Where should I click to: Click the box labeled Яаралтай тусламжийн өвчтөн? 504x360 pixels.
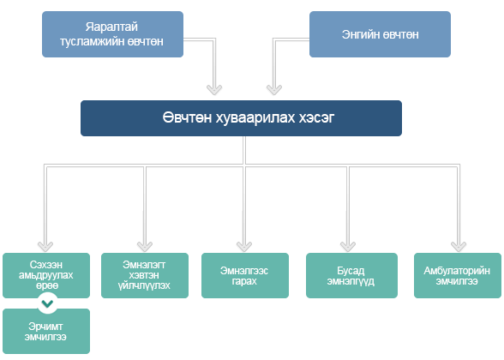point(112,34)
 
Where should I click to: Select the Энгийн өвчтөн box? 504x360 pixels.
point(380,34)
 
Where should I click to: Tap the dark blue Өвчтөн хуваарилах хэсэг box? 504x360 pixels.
point(241,118)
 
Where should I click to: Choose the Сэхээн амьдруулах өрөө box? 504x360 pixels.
point(46,275)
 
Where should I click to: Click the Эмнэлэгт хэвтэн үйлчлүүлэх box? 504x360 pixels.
point(145,275)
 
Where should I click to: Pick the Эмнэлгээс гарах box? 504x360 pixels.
point(245,275)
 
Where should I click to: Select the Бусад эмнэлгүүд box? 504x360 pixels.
point(351,275)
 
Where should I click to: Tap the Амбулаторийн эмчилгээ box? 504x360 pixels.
point(458,275)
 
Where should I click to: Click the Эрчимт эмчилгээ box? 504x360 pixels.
point(46,332)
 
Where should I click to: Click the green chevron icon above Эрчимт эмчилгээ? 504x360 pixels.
point(47,303)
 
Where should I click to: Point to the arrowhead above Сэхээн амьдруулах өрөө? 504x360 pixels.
point(45,247)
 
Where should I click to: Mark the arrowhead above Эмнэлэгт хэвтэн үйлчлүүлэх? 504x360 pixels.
point(145,247)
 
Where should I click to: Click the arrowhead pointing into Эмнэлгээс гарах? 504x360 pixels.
point(244,247)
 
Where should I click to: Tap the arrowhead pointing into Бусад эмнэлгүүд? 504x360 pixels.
point(348,247)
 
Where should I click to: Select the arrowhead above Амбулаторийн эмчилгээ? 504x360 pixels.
point(459,247)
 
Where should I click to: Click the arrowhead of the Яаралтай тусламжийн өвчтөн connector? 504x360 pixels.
point(214,90)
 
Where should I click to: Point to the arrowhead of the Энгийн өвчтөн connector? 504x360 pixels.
point(274,90)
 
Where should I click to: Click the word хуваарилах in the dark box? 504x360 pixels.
point(255,118)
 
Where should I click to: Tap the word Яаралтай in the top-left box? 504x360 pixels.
point(111,27)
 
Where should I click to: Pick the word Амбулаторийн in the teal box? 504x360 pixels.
point(457,271)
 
